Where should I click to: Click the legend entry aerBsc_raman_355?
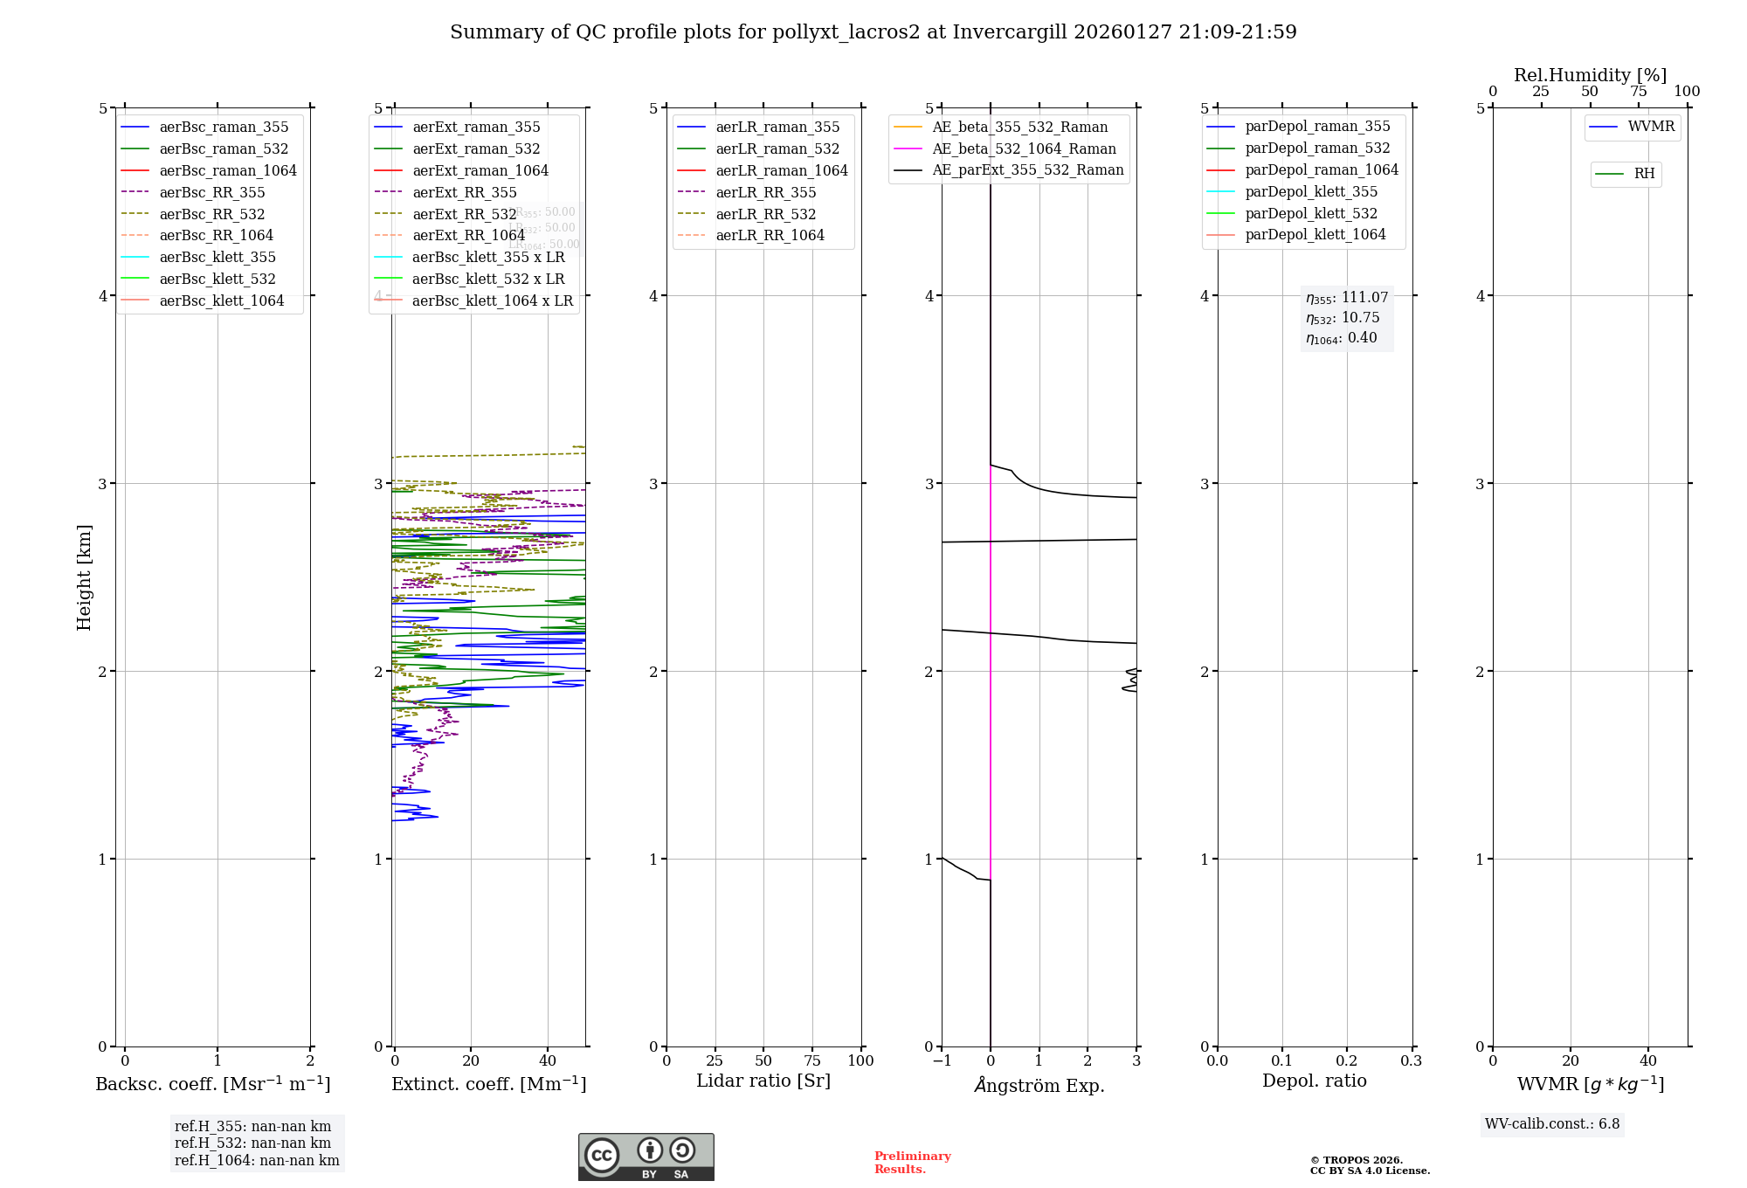coord(224,128)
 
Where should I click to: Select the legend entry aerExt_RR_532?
coord(464,214)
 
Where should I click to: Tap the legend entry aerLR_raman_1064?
coord(781,170)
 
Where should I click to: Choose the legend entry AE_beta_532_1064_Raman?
coord(1024,148)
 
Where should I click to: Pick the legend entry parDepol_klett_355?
coord(1310,191)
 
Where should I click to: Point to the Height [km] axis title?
coord(84,577)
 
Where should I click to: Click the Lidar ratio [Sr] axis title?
coord(763,1081)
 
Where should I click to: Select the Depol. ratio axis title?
coord(1314,1081)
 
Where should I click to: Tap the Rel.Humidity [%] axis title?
coord(1590,75)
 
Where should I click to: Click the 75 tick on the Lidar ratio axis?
coord(812,1060)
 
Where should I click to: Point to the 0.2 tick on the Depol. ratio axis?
coord(1346,1060)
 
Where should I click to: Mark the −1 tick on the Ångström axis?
coord(941,1060)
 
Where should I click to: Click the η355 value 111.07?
coord(1364,298)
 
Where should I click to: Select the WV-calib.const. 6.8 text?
coord(1552,1124)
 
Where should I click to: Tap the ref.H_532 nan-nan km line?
coord(252,1143)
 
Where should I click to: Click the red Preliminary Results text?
coord(912,1163)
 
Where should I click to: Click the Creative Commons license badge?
coord(646,1157)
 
